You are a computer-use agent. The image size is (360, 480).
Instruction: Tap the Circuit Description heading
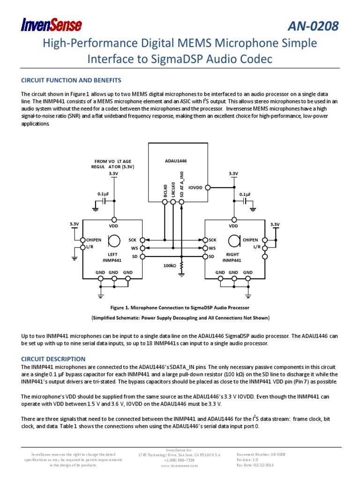coord(52,359)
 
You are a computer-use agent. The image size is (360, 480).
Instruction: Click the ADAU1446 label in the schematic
coord(176,161)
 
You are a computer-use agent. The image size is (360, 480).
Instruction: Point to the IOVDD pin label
coord(195,187)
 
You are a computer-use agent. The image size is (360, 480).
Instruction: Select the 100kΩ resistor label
coord(169,266)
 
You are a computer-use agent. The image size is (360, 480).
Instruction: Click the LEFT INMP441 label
coord(112,257)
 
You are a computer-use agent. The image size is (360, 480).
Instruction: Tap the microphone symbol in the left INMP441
coord(113,241)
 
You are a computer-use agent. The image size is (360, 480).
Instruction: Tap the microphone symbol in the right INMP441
coord(232,241)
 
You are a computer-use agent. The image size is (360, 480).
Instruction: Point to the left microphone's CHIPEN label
coord(93,240)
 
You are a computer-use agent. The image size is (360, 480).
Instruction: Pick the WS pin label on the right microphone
coord(212,248)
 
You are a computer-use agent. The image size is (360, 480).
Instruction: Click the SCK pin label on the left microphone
coord(132,240)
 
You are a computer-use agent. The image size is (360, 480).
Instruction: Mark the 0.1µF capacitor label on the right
coord(245,194)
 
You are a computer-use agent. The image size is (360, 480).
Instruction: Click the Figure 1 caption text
coord(180,308)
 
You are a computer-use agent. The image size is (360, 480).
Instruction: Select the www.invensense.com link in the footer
coord(180,465)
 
